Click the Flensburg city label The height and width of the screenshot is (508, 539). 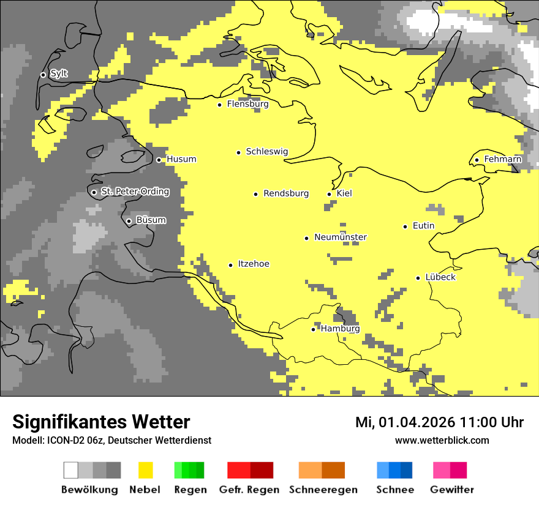[247, 104]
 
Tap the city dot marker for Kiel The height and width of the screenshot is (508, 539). [330, 194]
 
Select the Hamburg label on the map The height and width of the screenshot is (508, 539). [340, 329]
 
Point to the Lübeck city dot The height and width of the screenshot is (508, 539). [418, 278]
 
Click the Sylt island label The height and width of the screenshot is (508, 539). [59, 74]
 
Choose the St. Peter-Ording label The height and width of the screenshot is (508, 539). [135, 192]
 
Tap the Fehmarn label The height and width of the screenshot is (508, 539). [502, 159]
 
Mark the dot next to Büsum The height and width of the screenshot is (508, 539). [129, 221]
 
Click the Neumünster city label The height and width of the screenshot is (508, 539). [341, 237]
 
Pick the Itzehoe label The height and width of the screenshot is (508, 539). [253, 264]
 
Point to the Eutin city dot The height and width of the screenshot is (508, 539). [405, 226]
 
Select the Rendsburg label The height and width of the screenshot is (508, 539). [286, 193]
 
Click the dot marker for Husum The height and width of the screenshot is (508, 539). [159, 160]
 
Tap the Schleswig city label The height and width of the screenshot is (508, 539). [266, 151]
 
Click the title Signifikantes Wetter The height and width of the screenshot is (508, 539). [101, 422]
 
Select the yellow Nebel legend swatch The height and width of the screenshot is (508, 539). [146, 470]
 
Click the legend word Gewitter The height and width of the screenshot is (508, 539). [451, 490]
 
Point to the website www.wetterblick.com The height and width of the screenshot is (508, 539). [442, 440]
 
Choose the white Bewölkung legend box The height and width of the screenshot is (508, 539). [71, 470]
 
